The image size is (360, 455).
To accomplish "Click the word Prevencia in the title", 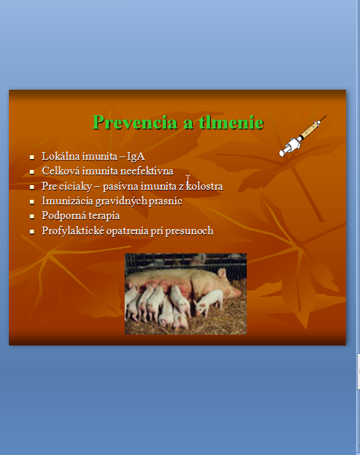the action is point(135,122).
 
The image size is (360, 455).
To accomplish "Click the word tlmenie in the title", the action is point(231,122).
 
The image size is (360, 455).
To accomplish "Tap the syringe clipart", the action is point(302,136).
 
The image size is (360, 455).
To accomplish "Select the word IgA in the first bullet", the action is point(135,157).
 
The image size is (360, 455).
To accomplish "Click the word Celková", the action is point(60,171).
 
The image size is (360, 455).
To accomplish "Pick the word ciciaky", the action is point(76,186).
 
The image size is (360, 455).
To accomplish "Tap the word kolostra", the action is point(204,186).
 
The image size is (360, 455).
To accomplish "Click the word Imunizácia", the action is point(67,201).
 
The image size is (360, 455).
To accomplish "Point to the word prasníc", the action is point(165,201).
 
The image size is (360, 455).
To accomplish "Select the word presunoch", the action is point(189,231).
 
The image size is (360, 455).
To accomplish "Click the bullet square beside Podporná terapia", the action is point(32,216).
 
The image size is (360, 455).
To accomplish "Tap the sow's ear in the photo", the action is point(222,274).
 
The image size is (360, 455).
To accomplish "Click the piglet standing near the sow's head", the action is point(208,303).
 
